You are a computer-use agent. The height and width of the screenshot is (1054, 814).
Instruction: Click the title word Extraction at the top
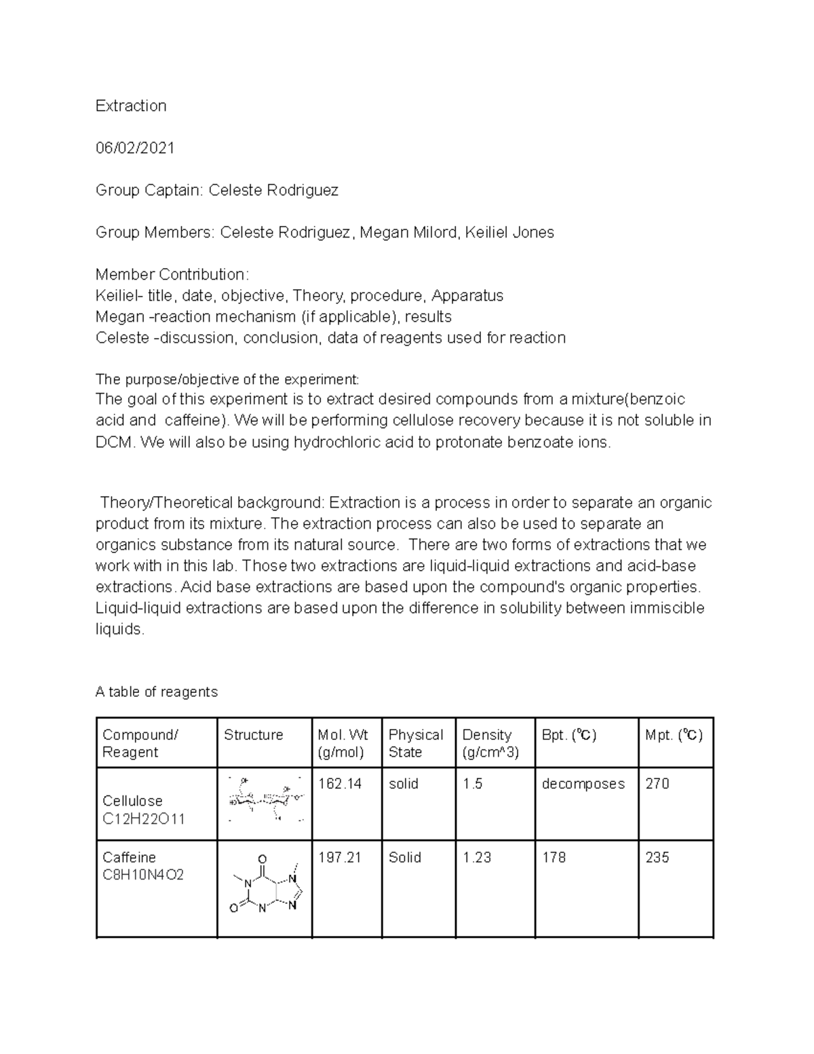[131, 106]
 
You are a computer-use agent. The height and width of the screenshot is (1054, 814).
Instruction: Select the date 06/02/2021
[135, 148]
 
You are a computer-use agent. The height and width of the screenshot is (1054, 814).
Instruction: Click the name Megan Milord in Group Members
[408, 233]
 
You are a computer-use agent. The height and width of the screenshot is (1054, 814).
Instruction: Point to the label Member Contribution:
[172, 275]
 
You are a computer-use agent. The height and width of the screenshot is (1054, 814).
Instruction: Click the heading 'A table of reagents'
[157, 692]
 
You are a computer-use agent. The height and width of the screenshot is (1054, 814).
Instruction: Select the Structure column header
[253, 735]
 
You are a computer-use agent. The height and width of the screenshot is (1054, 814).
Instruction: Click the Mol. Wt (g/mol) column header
[343, 743]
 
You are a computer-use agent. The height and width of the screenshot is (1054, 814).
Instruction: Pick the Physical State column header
[415, 743]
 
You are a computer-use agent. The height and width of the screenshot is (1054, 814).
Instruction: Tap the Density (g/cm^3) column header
[490, 743]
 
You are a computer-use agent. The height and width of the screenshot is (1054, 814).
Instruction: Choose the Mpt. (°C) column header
[674, 735]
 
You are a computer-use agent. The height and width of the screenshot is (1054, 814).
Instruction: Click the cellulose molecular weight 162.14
[340, 784]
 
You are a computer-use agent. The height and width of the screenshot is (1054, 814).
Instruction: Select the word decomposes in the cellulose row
[583, 784]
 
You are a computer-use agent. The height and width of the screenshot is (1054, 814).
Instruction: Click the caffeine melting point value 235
[657, 858]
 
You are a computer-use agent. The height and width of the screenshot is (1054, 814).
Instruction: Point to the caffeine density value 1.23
[476, 858]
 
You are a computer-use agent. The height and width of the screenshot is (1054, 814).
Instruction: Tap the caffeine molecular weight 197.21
[340, 858]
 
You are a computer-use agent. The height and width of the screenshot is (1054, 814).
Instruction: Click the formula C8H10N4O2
[142, 876]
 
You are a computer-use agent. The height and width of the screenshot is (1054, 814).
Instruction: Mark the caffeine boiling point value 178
[554, 858]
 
